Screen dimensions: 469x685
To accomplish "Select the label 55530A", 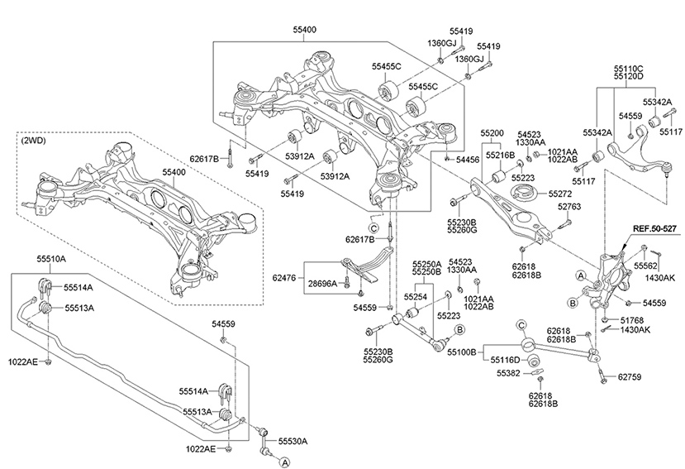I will click(292, 442).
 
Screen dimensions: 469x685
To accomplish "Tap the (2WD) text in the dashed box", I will click(33, 141).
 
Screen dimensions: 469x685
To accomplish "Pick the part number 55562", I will click(646, 266).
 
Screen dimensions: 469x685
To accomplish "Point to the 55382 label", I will click(508, 374).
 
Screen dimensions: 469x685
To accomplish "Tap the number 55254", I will click(415, 295).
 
